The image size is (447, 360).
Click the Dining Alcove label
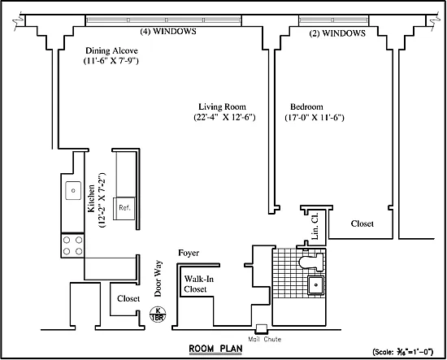111,50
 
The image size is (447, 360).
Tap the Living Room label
222,106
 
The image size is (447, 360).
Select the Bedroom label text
306,106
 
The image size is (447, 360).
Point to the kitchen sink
73,190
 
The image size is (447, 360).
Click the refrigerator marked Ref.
124,208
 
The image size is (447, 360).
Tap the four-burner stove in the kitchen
72,245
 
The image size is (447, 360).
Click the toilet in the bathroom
311,262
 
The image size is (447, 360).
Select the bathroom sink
315,284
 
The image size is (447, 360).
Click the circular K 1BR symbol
158,314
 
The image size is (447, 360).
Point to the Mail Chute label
265,339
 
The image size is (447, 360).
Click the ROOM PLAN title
216,349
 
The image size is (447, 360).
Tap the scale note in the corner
403,352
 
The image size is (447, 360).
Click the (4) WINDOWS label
168,31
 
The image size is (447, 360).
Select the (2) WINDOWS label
337,33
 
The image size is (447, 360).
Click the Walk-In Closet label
198,284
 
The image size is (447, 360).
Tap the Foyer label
189,253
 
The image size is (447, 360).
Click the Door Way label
158,279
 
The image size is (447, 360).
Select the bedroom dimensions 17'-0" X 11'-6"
315,118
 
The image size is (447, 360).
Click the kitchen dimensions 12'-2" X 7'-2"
102,200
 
